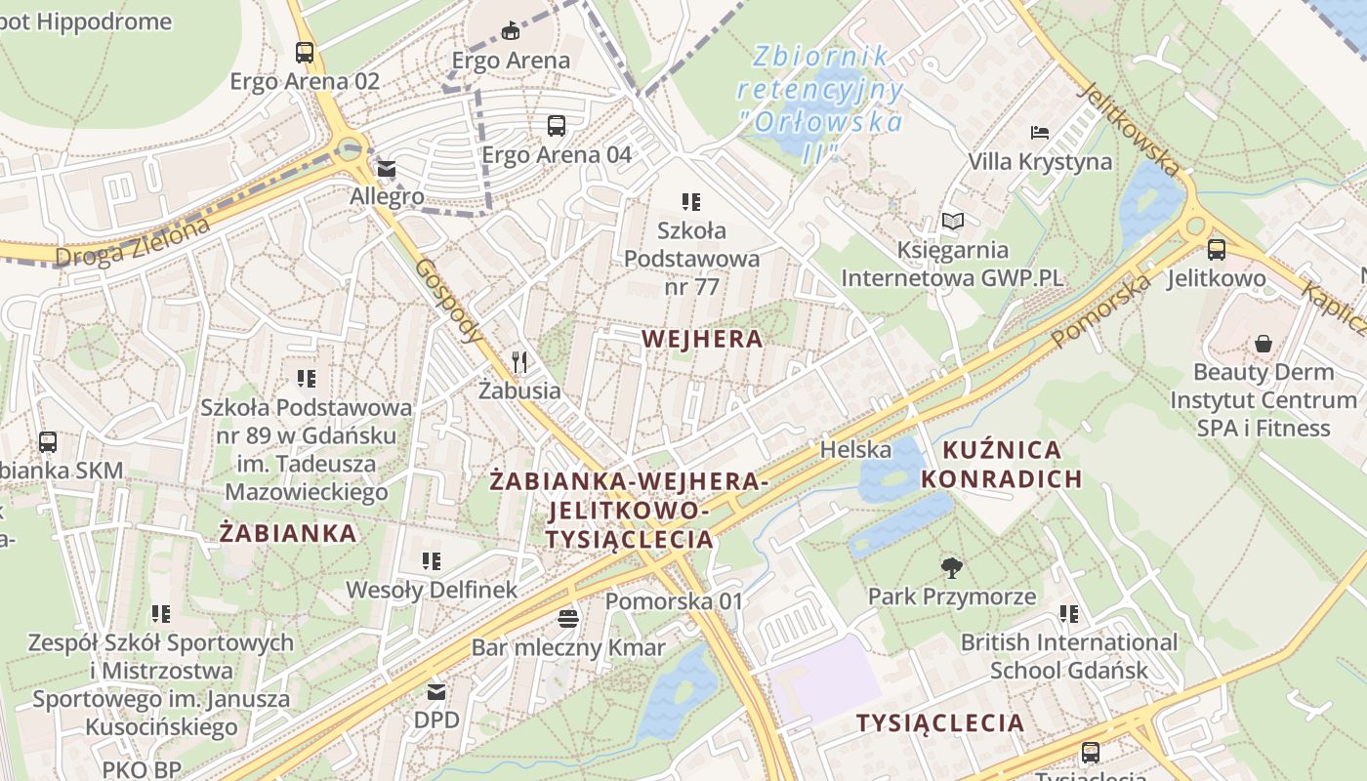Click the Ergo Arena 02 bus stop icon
tap(305, 53)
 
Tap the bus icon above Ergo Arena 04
tap(556, 125)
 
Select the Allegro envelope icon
tap(388, 169)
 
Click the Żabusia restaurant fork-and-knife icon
tap(519, 362)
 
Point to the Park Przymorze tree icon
tap(951, 568)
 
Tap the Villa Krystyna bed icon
tap(1040, 132)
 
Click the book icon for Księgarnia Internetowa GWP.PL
tap(952, 222)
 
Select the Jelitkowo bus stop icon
tap(1217, 250)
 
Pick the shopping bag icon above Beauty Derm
tap(1263, 344)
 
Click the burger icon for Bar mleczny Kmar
tap(568, 618)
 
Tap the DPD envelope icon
tap(436, 692)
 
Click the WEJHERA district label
tap(702, 339)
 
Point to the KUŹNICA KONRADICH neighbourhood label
tap(1002, 465)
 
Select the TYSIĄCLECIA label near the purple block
tap(940, 723)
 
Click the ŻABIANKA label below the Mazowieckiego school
tap(288, 534)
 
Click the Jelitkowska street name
tap(1129, 128)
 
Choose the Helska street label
tap(855, 450)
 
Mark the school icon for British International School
tap(1069, 614)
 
